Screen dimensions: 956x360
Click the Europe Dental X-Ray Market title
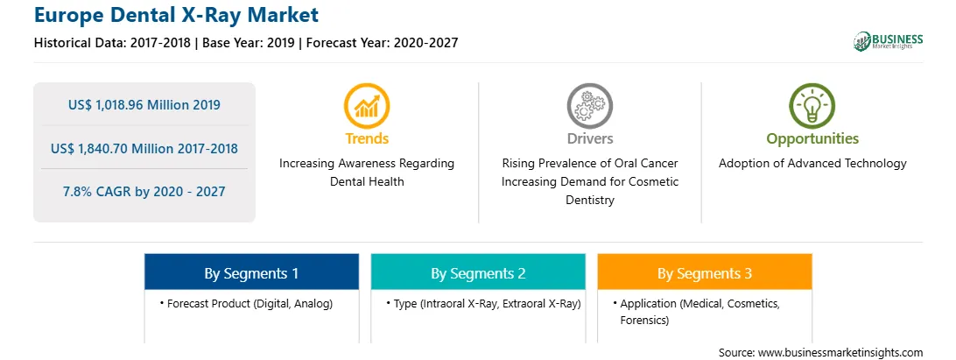176,14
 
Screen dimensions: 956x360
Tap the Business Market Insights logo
888,41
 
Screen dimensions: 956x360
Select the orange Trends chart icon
367,106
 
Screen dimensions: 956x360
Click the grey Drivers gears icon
589,106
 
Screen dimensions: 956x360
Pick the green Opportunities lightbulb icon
812,106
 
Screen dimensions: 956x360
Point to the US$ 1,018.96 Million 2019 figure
144,105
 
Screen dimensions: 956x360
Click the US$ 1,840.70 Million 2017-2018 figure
144,148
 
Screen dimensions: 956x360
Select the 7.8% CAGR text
144,192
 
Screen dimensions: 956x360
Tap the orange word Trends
367,138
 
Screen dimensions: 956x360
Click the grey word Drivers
589,138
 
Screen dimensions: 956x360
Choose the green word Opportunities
812,139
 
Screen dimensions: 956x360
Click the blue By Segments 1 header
251,272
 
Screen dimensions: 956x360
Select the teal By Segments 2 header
478,272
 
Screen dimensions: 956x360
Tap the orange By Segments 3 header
704,272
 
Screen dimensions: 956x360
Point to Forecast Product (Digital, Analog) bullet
246,304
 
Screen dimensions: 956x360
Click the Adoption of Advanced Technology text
812,164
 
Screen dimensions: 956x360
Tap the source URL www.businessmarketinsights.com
840,353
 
